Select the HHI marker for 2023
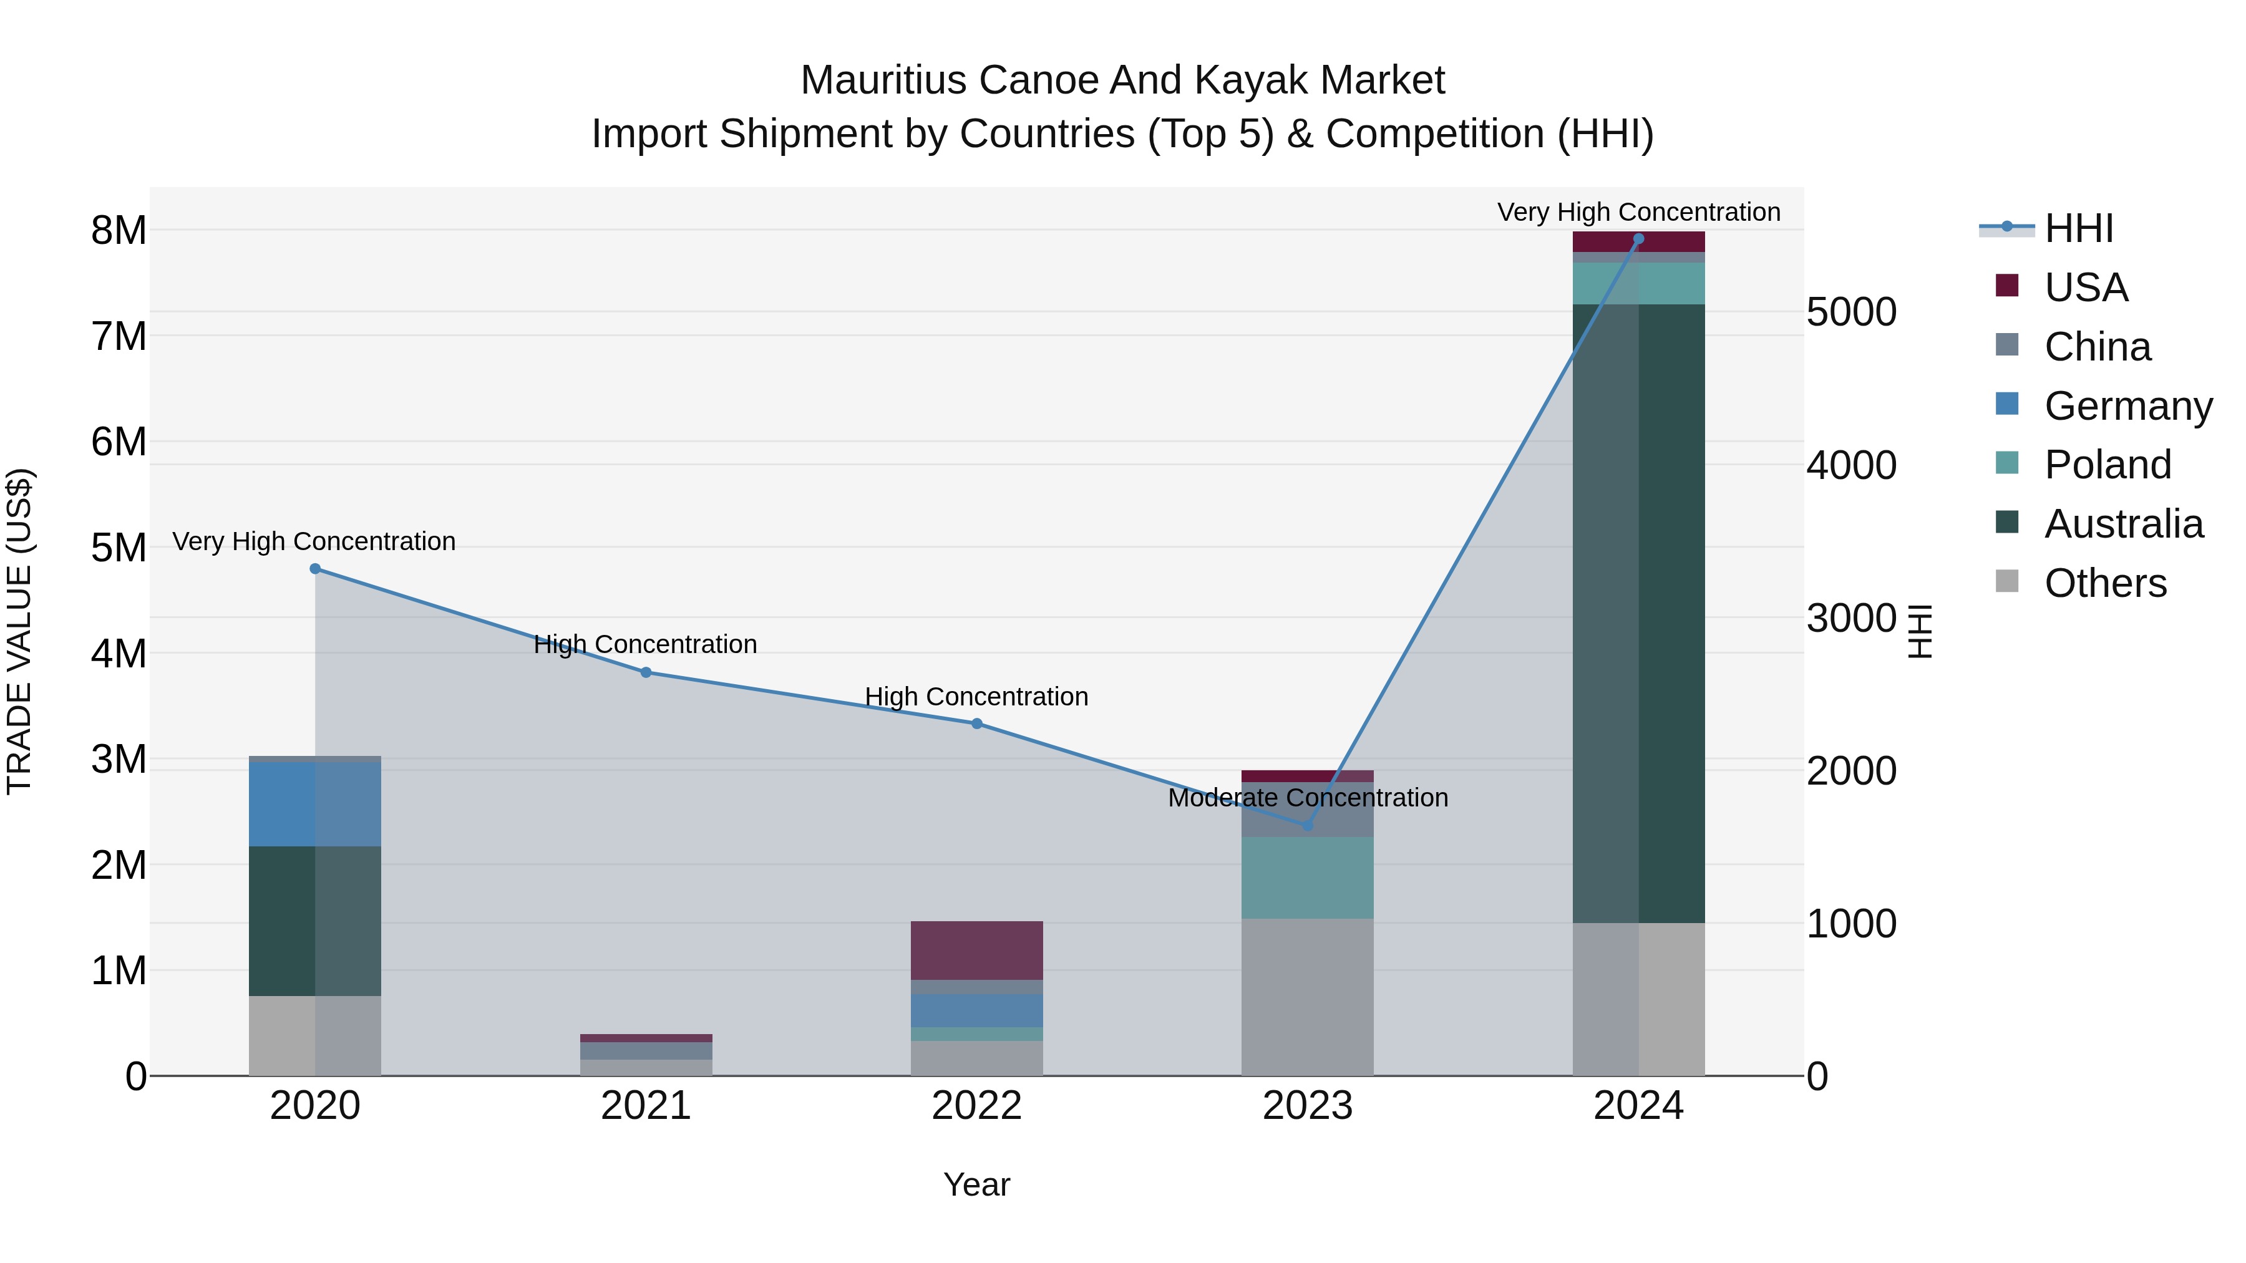[1307, 825]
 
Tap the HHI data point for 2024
[1638, 239]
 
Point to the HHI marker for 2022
[976, 723]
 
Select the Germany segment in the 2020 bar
[315, 804]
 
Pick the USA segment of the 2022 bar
[976, 950]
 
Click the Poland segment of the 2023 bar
[1307, 877]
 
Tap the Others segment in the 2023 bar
[1307, 996]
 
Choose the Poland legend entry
[2106, 465]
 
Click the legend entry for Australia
[2122, 524]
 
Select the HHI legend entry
[2078, 228]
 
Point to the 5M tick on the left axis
[119, 548]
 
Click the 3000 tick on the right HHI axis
[1851, 618]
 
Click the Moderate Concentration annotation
[1307, 798]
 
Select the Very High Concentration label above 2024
[1638, 212]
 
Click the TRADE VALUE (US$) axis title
[20, 631]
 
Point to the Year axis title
[976, 1184]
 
